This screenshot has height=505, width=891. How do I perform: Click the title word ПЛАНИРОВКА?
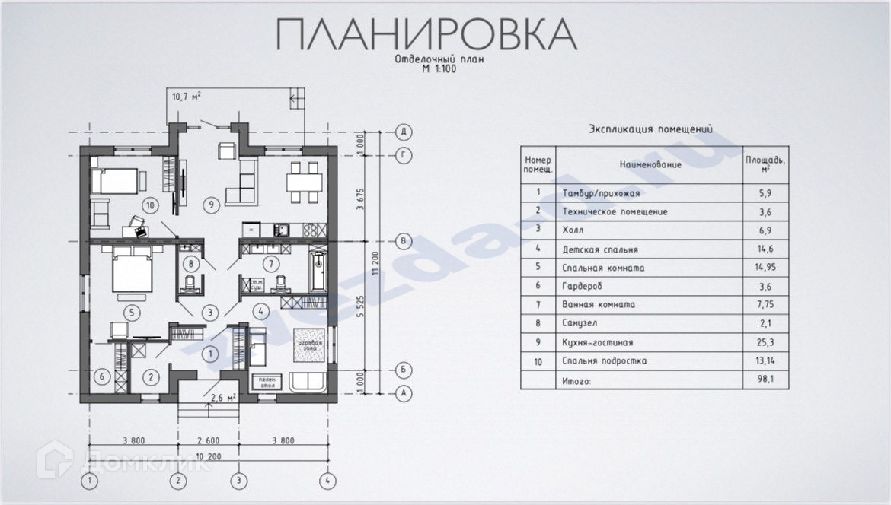[426, 34]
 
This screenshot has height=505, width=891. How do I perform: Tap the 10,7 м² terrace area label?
[187, 97]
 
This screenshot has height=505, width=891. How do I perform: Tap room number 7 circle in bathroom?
[268, 264]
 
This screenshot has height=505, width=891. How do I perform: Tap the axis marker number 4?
[327, 481]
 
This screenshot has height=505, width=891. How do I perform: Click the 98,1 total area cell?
[765, 380]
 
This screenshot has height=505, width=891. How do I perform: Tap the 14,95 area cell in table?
[765, 268]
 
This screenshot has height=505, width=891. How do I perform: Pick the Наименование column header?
[650, 164]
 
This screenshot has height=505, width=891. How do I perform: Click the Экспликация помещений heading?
[650, 130]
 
